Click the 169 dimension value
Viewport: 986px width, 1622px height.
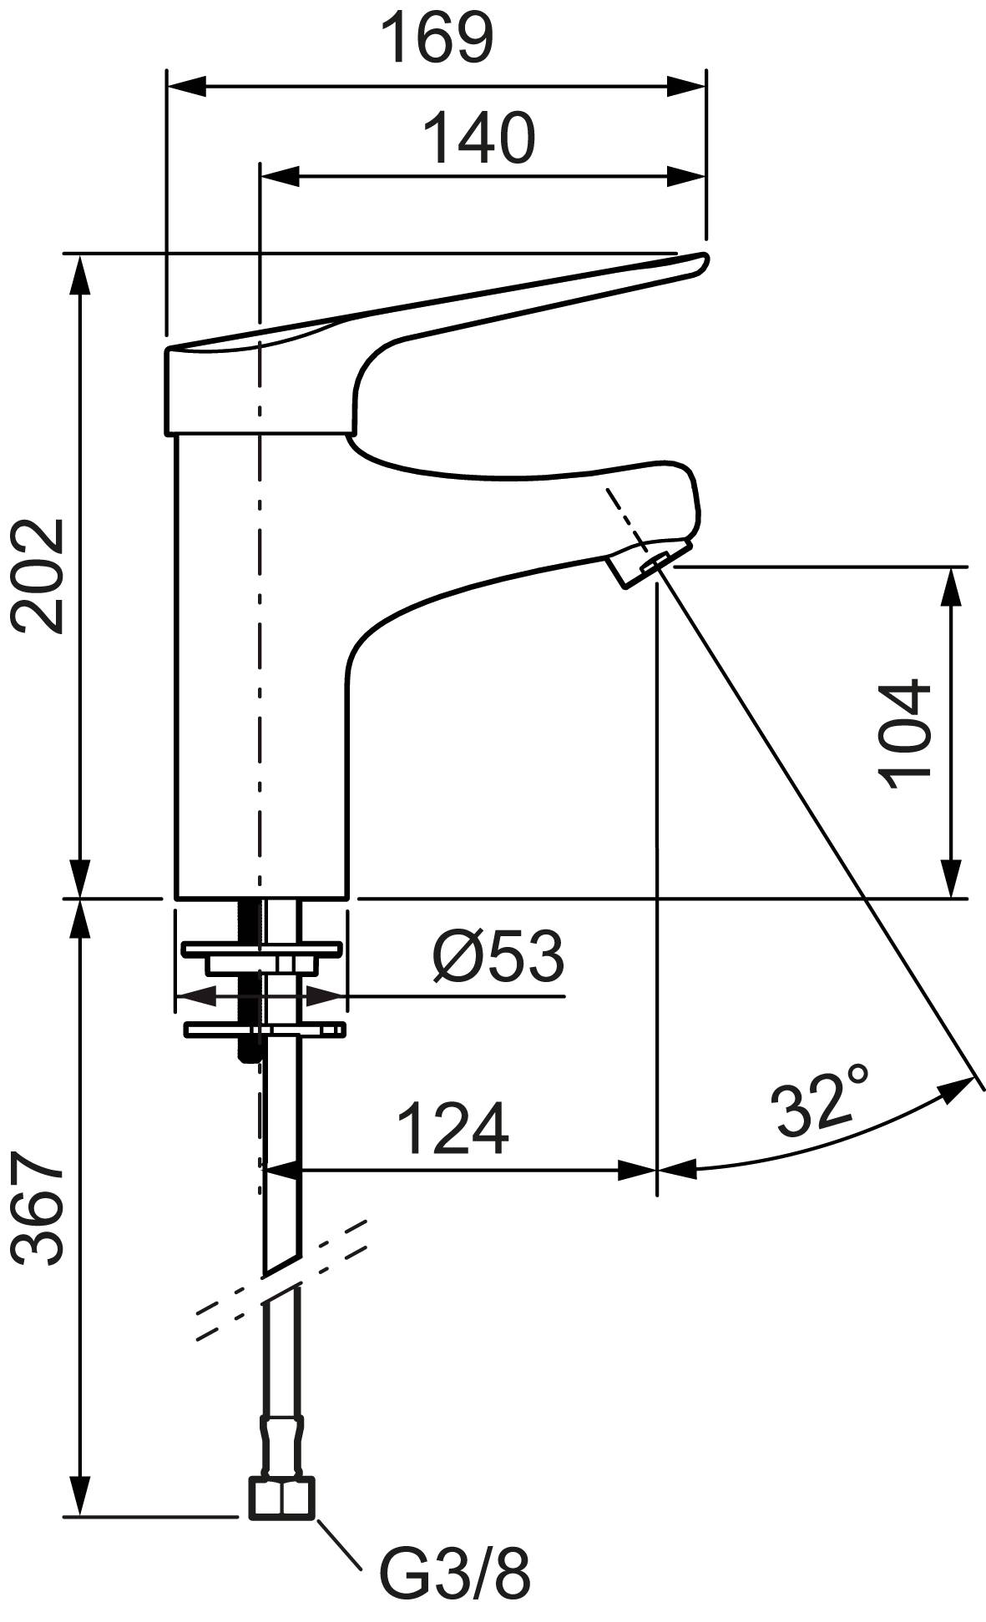coord(437,38)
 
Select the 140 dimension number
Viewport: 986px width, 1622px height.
coord(478,138)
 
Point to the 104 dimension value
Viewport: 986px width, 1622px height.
coord(905,733)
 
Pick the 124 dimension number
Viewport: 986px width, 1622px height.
coord(452,1128)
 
